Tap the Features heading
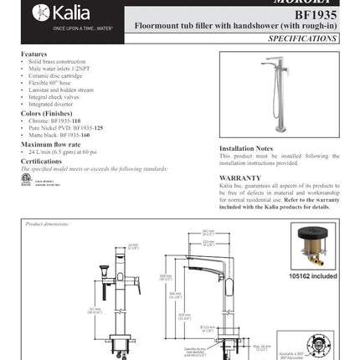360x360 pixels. pos(33,54)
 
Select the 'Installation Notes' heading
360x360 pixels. pos(248,148)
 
